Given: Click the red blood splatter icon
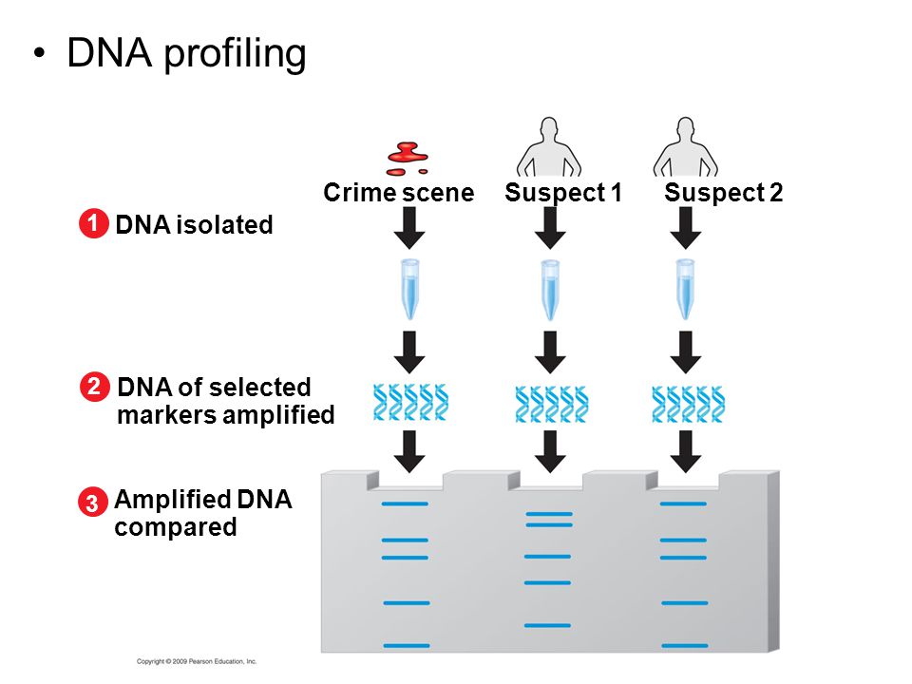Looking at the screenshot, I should point(408,157).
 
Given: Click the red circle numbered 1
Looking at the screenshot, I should point(91,224).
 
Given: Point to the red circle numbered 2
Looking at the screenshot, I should point(92,388).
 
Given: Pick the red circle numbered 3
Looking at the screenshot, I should point(91,503).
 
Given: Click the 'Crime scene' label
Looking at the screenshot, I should point(398,193).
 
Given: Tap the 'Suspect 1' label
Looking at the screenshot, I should point(562,193).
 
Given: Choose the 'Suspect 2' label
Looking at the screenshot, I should point(723,193).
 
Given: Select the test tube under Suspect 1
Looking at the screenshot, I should point(549,290).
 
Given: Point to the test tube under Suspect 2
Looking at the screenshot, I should point(685,290).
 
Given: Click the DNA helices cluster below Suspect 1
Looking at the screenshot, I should point(551,405).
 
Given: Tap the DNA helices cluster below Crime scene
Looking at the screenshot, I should point(410,403).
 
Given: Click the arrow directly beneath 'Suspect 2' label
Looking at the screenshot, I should point(686,228).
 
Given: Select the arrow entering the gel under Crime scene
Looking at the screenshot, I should point(409,451).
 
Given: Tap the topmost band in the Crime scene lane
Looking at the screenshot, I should point(404,503).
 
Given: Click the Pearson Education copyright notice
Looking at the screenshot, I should point(197,660).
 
